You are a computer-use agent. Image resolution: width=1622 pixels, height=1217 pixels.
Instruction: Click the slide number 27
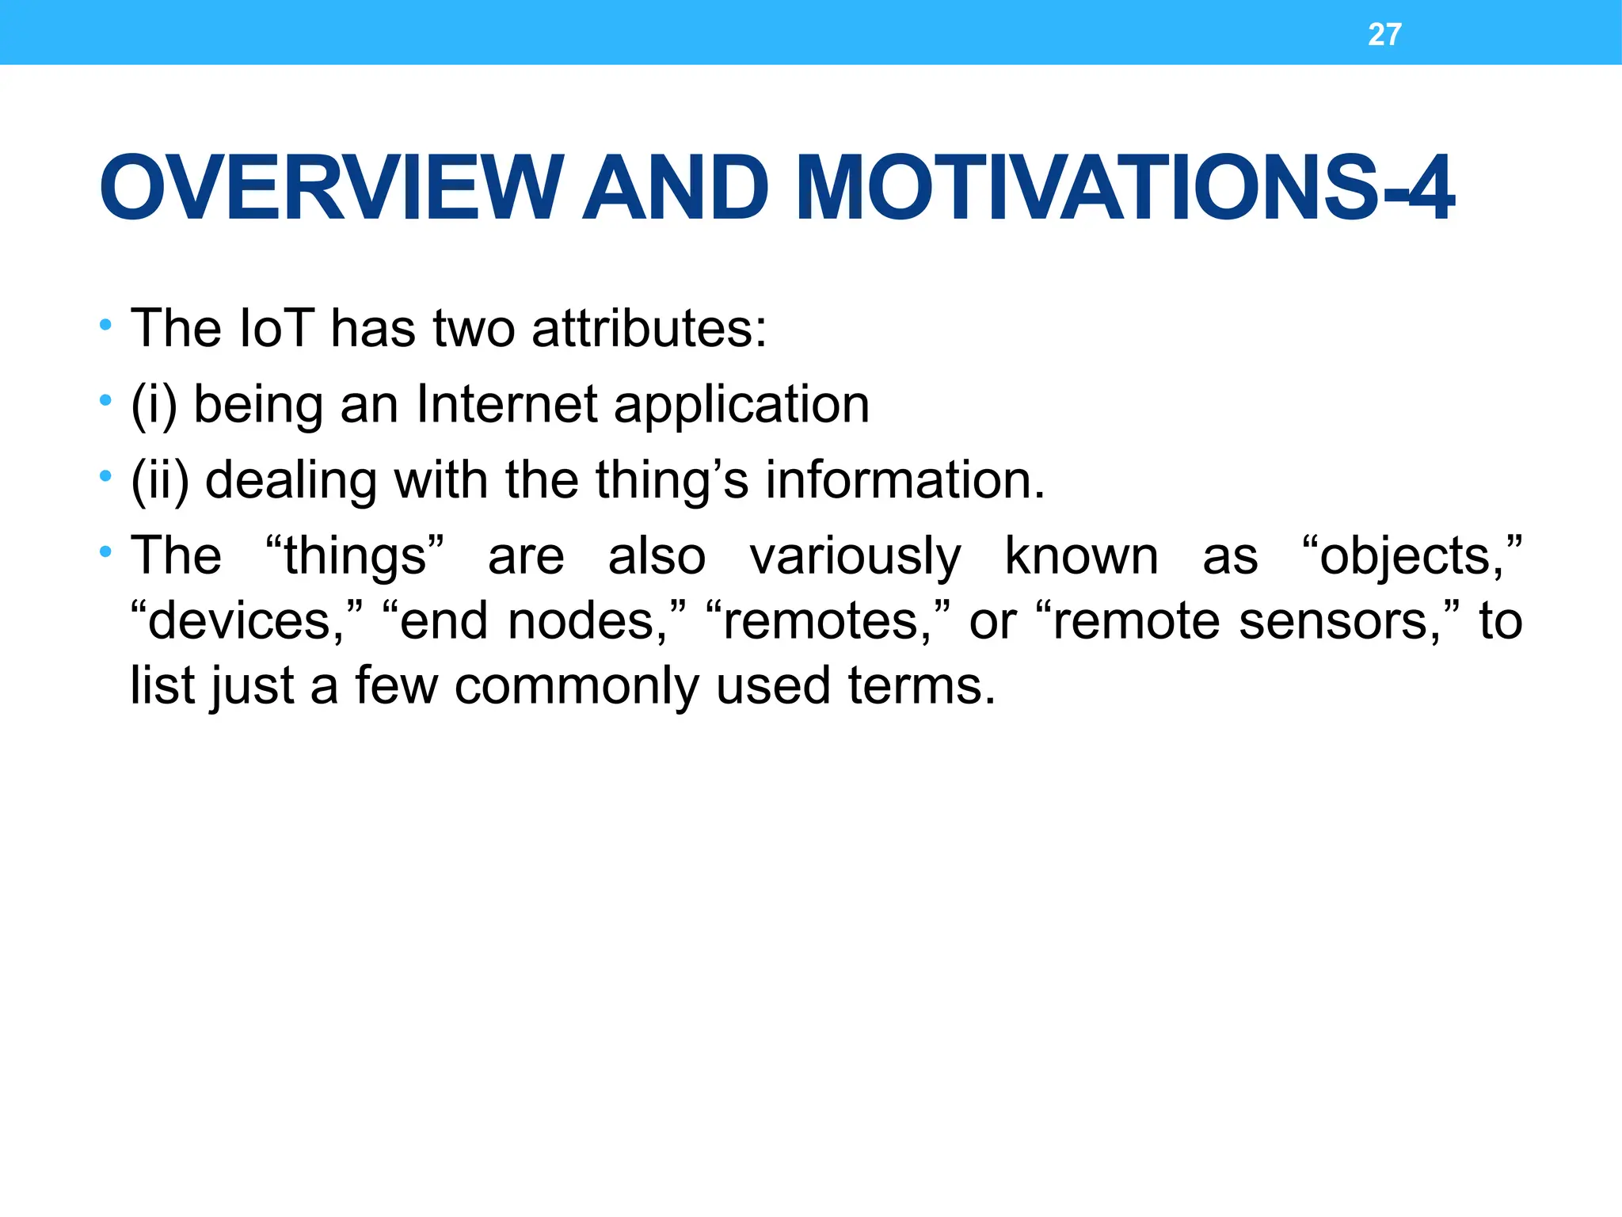[1384, 35]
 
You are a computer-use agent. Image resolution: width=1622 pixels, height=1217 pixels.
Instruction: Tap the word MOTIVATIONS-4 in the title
[1125, 189]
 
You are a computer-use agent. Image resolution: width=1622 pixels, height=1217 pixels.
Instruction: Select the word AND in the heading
[675, 189]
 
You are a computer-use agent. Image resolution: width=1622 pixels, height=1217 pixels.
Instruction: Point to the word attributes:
[649, 328]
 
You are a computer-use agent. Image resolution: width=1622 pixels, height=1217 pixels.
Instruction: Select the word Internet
[507, 404]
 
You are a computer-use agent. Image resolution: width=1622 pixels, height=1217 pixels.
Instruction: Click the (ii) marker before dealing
[160, 481]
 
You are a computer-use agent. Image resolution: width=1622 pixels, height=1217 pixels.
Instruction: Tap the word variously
[855, 556]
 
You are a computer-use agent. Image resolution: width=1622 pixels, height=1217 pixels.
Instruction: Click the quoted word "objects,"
[1411, 556]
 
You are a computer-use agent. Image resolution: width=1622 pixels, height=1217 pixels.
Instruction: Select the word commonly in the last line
[577, 686]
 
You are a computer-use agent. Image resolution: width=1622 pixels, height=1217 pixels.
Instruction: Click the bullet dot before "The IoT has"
[105, 326]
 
